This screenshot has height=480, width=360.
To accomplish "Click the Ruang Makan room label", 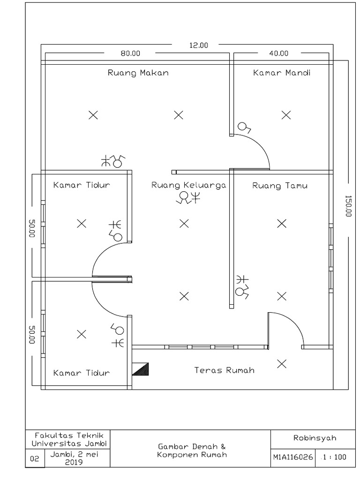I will pos(138,73).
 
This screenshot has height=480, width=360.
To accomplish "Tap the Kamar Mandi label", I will pos(282,73).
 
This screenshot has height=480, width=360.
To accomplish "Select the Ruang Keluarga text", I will pos(188,185).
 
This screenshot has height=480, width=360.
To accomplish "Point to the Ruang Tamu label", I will pos(280,186).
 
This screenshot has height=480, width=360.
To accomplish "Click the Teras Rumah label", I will pos(225,370).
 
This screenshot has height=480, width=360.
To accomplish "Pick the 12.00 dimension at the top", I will pos(198,45).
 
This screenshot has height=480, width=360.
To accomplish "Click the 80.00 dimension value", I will pos(130,53).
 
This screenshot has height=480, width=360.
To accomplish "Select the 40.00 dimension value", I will pos(278,53).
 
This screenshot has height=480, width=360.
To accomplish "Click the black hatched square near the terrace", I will pos(141,369).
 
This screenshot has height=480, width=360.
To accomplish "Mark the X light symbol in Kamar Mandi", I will pos(285,115).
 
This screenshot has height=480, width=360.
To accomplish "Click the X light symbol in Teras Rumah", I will pos(281,363).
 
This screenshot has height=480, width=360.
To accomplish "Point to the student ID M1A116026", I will pos(292,457).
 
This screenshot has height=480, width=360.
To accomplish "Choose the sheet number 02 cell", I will pos(35,459).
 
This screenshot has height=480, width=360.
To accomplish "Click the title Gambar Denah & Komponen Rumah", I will pos(192,450).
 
